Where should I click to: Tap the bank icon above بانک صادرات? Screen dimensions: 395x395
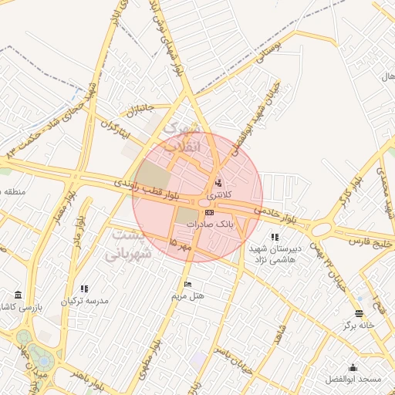(x=209, y=211)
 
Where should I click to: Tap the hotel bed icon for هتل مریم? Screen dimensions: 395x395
(x=187, y=285)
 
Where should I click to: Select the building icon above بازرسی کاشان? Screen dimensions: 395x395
(x=17, y=295)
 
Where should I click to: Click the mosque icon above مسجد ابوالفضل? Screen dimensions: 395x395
(x=353, y=368)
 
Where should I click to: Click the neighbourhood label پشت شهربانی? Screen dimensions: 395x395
(x=135, y=243)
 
